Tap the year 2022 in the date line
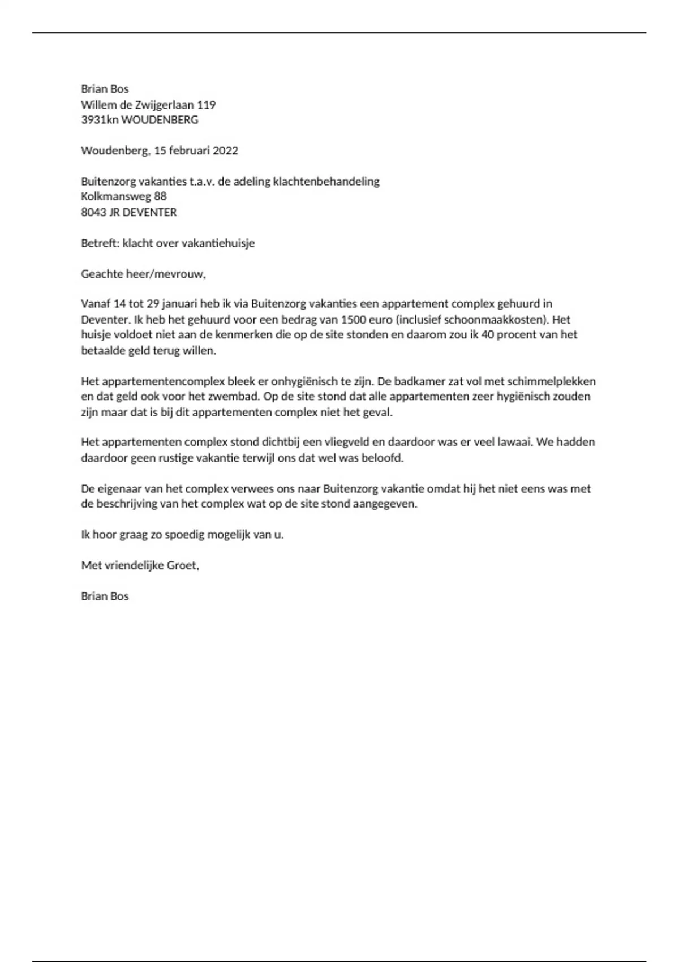point(225,151)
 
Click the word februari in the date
point(190,151)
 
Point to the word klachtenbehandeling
point(326,182)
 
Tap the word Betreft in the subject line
point(99,243)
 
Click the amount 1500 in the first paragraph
point(353,319)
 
